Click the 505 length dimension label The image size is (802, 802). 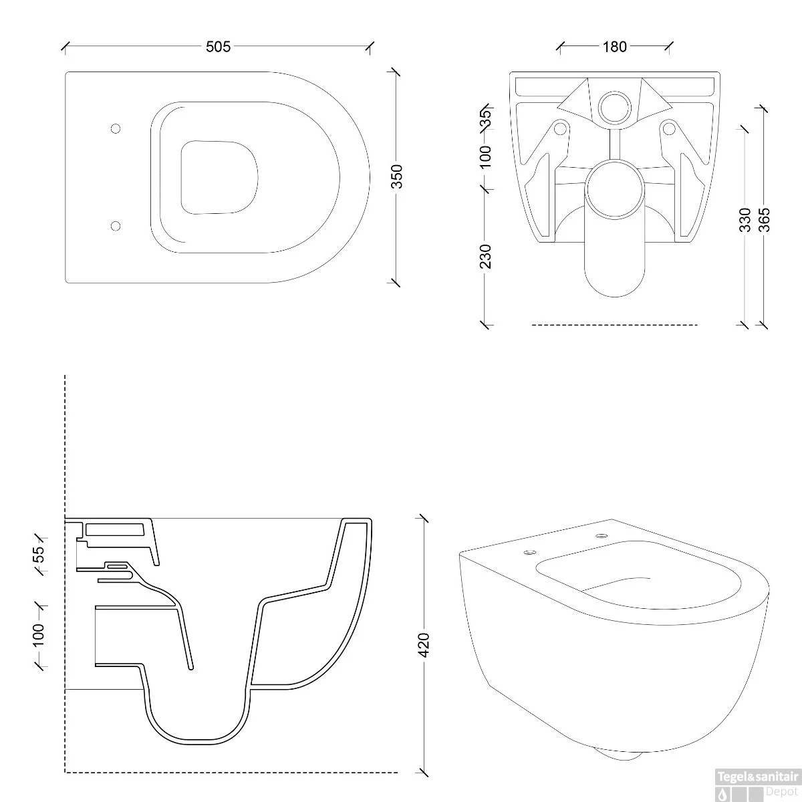[x=218, y=47]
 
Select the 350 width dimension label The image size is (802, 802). [x=398, y=176]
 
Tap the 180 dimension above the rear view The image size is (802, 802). [x=615, y=47]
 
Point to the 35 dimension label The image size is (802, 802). [x=486, y=118]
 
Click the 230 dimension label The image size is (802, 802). [x=486, y=257]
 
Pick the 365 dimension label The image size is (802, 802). [x=765, y=220]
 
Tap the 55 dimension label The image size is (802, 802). [x=38, y=554]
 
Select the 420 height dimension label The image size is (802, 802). [x=424, y=645]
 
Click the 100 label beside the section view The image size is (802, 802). [x=38, y=635]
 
